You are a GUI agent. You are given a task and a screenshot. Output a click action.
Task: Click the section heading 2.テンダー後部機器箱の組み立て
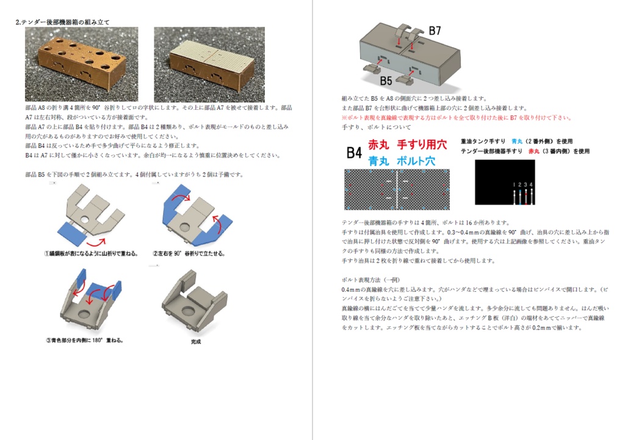click(x=63, y=22)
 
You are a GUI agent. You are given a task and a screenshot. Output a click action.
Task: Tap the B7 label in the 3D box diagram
click(x=435, y=31)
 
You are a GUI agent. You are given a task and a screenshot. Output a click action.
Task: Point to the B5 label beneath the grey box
click(x=385, y=80)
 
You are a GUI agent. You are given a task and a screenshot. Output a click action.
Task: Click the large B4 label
click(x=354, y=153)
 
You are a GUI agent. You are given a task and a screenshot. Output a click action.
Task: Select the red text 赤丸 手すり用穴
click(x=407, y=145)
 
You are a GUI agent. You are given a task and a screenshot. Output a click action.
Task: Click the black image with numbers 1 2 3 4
click(x=504, y=182)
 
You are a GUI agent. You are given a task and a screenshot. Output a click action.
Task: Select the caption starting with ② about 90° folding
click(x=189, y=253)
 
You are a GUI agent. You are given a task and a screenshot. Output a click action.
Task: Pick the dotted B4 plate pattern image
click(x=397, y=189)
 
